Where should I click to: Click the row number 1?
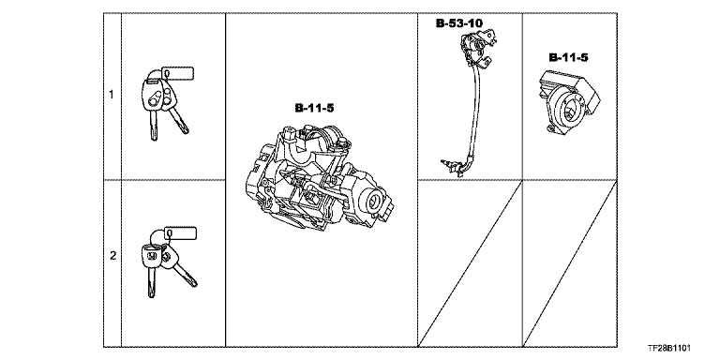111,95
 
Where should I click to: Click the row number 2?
112,256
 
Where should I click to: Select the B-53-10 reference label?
459,23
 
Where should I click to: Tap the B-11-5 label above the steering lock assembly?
315,109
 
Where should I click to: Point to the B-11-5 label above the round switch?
568,58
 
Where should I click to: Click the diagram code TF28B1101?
669,349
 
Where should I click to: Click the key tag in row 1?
178,73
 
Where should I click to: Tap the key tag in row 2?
180,233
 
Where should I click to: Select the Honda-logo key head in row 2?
151,256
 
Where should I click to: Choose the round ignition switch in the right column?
569,102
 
